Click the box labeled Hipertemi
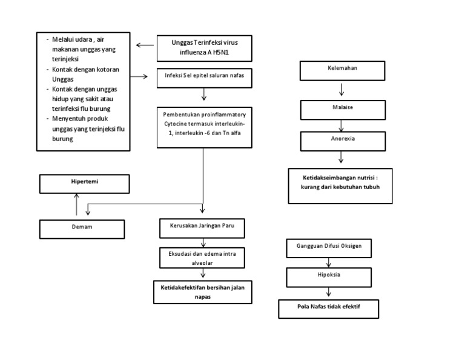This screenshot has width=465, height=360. pos(84,183)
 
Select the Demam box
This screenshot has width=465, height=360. pos(82,228)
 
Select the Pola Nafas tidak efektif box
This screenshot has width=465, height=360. pos(328,308)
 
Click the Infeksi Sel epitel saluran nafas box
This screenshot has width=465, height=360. pos(204,77)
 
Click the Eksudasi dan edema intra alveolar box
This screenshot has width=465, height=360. pos(202,258)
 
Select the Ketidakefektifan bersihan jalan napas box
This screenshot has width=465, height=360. pos(202,292)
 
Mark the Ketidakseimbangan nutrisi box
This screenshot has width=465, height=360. pos(340,185)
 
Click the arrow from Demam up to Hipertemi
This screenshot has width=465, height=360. pos(76,205)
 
